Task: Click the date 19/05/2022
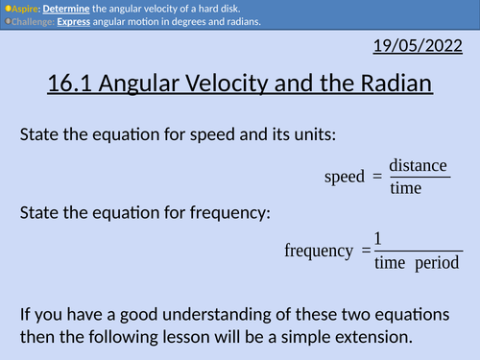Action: (x=423, y=45)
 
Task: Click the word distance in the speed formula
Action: (x=418, y=165)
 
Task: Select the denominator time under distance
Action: (x=406, y=188)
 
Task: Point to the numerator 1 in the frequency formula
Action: (x=378, y=238)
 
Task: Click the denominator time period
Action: (x=417, y=262)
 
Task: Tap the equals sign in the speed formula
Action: (x=376, y=177)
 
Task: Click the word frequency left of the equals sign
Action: (x=319, y=251)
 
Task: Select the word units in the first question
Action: (x=310, y=135)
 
